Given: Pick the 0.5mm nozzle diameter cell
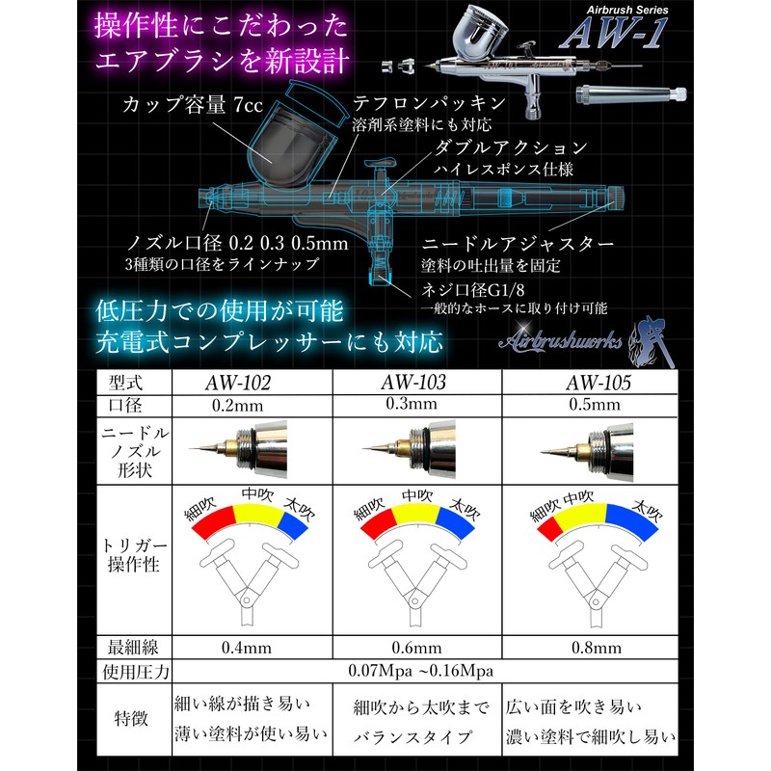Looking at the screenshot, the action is (589, 405).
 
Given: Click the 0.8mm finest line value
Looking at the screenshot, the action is (589, 647).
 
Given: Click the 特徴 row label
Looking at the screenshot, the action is (135, 718).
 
